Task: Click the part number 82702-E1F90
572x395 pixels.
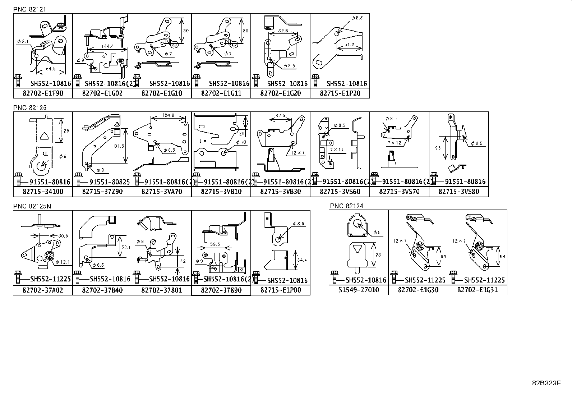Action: click(x=43, y=93)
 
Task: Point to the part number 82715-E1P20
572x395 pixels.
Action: click(x=340, y=93)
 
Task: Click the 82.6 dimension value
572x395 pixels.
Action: click(x=283, y=31)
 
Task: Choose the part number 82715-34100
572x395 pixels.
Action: click(x=43, y=192)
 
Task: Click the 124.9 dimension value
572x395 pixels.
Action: click(x=168, y=116)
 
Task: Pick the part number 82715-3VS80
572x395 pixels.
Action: click(x=459, y=192)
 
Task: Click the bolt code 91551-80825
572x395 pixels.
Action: click(x=105, y=182)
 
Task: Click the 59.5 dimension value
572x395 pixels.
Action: click(x=215, y=244)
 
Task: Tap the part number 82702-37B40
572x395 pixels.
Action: click(x=102, y=290)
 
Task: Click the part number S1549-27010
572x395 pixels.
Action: click(x=359, y=290)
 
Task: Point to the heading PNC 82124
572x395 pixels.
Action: click(x=347, y=206)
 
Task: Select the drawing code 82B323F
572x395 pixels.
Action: click(x=546, y=383)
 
